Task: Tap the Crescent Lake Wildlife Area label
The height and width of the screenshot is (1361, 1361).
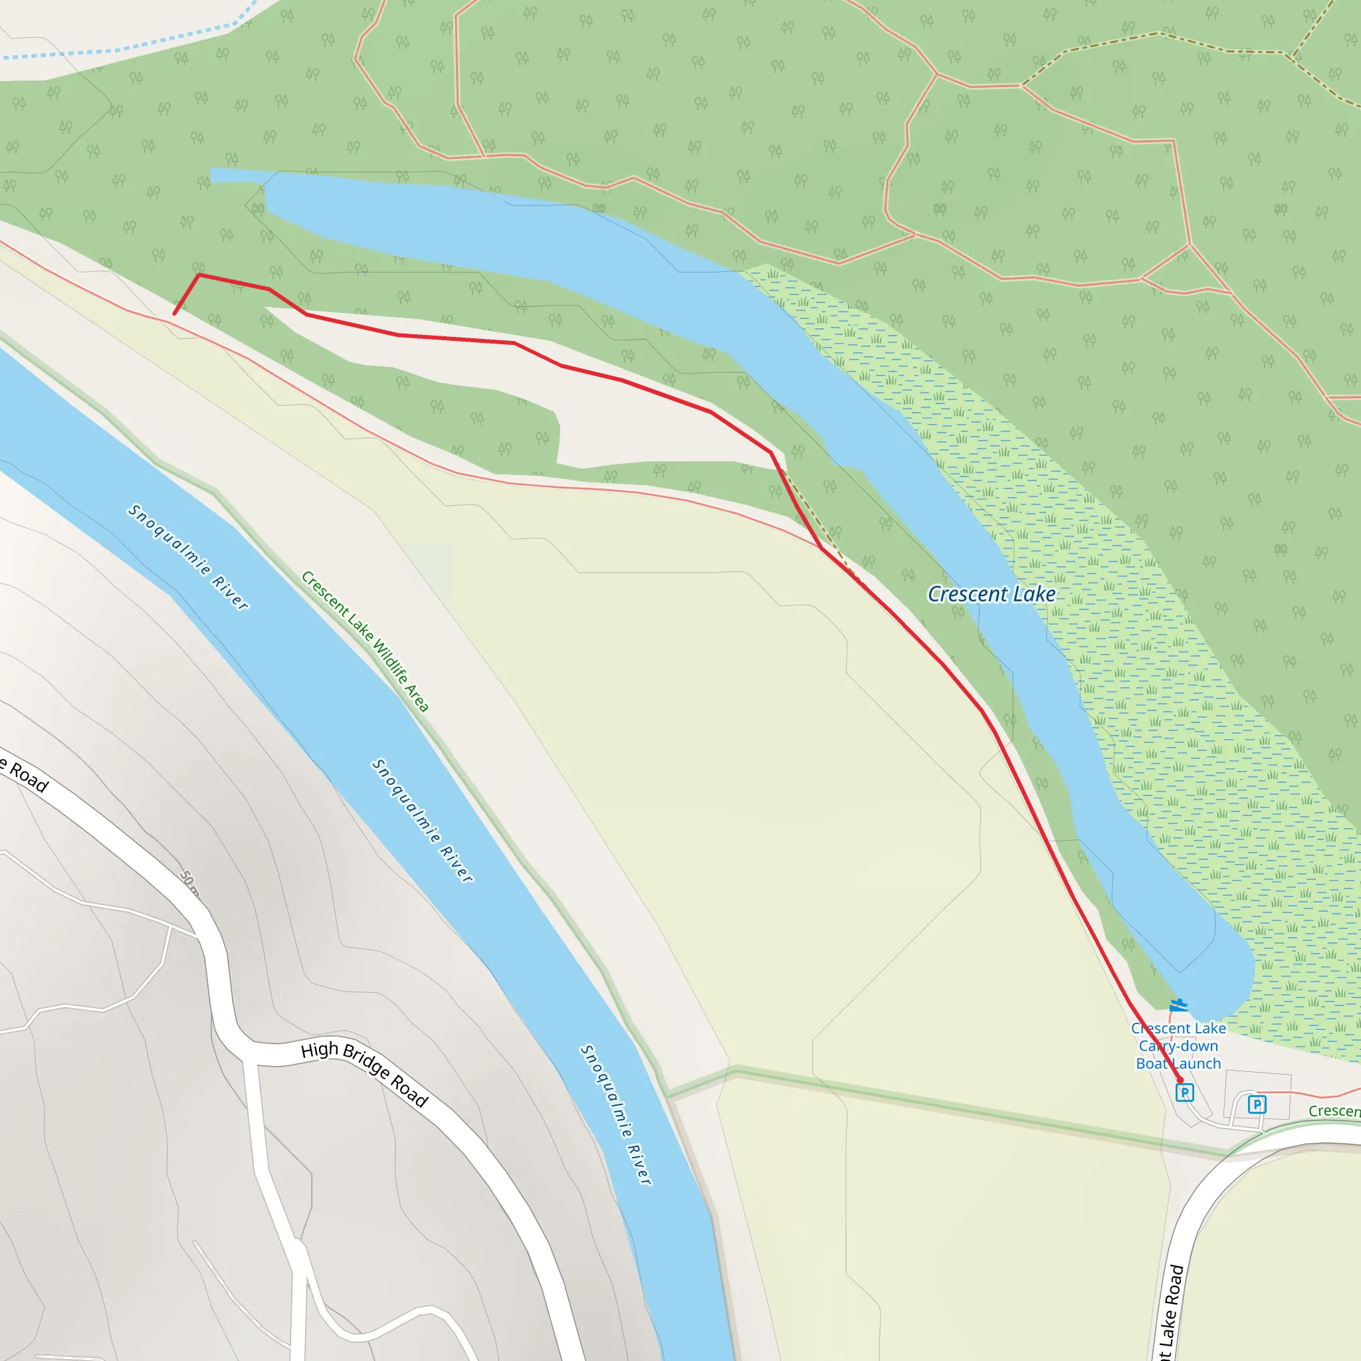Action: (365, 641)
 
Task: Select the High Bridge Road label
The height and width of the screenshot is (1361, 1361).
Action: (364, 1072)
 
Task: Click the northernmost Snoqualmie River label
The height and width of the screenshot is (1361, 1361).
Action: (188, 556)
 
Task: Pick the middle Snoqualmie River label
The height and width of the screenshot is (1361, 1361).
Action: (423, 821)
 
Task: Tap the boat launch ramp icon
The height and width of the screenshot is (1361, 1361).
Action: (1178, 1005)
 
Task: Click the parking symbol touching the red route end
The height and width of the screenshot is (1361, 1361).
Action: (1185, 1093)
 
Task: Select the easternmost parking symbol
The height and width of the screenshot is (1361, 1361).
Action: (1257, 1104)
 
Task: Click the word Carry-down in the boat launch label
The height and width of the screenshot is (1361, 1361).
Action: (1178, 1046)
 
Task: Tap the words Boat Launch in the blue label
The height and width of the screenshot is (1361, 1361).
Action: (1178, 1064)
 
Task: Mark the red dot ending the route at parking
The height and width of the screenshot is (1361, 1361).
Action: (1181, 1081)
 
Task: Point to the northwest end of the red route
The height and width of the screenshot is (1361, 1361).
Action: (175, 314)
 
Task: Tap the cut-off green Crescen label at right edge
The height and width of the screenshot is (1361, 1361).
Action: (1334, 1111)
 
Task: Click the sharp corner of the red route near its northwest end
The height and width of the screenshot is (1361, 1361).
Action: (199, 274)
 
